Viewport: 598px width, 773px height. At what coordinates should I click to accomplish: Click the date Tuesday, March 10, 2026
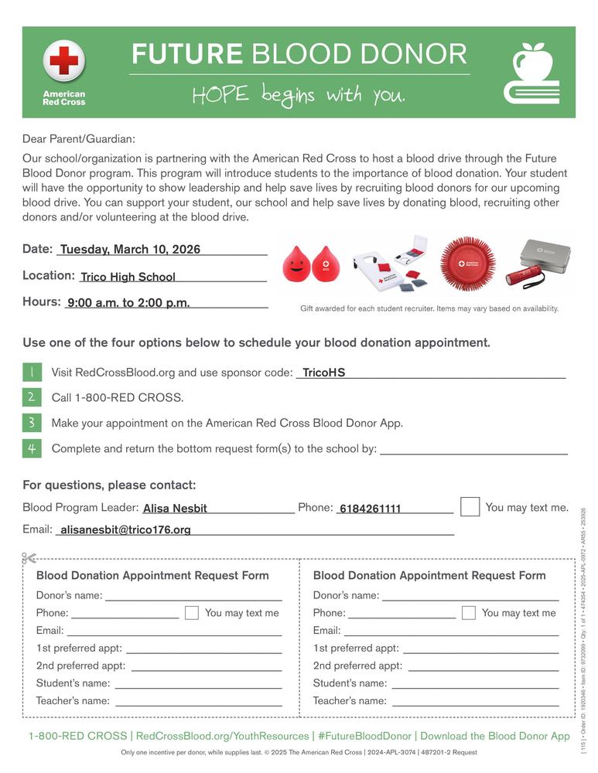pos(130,249)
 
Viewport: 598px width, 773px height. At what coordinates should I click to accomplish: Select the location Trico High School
pos(128,277)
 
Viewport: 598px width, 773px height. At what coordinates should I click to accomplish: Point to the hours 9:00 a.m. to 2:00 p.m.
pos(128,303)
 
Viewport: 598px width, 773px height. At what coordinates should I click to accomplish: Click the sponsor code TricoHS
pos(323,373)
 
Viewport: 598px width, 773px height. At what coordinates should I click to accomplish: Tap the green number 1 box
pos(32,372)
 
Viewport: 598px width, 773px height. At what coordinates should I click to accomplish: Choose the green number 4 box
pos(32,448)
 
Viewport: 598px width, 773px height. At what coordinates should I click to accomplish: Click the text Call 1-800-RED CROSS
pos(118,398)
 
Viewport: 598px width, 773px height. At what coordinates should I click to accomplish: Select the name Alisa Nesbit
pos(175,509)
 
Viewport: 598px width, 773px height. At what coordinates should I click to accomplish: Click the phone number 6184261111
pos(370,509)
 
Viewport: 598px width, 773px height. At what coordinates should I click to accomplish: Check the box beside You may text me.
pos(470,507)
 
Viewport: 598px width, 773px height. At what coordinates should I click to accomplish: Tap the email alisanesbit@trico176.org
pos(125,530)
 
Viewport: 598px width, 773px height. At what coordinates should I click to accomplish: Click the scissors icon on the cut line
pos(29,558)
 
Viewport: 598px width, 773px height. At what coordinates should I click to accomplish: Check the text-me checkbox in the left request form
pos(192,613)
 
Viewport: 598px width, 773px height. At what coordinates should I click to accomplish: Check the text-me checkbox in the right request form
pos(468,613)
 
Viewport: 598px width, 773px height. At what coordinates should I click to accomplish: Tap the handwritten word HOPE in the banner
pos(220,95)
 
